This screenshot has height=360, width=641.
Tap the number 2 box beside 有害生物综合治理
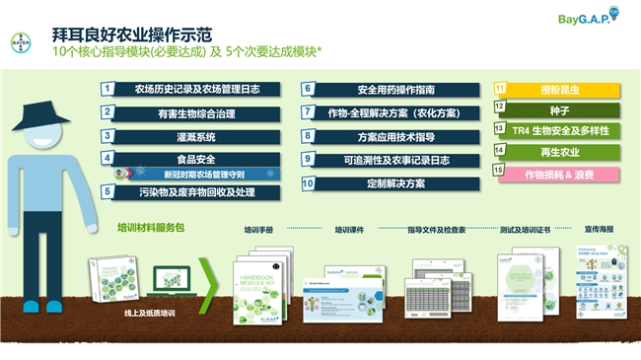coord(107,112)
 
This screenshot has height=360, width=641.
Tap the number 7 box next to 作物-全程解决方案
coord(308,112)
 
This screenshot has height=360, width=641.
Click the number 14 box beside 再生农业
coord(500,152)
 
